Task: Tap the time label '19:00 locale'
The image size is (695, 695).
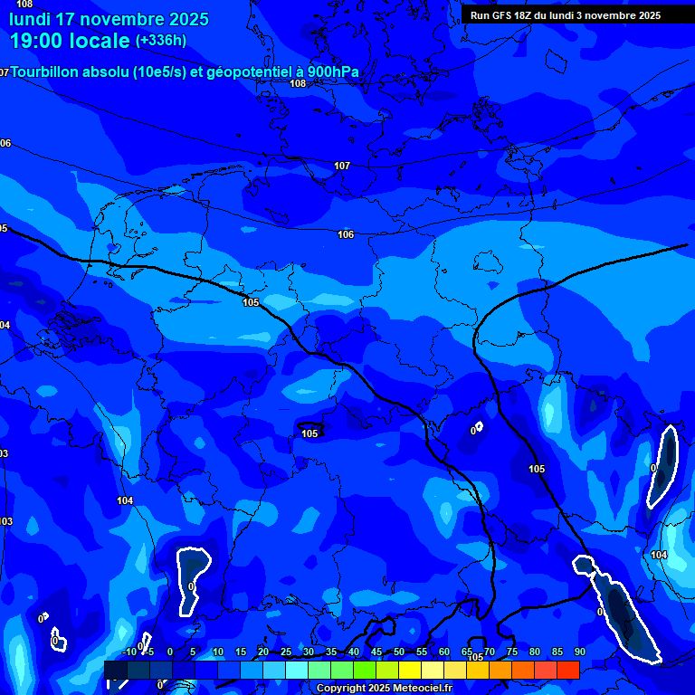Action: pos(70,41)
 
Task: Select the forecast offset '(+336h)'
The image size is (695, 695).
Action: pos(161,41)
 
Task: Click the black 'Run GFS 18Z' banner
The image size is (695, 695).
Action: pos(566,15)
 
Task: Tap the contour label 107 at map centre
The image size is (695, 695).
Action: pos(341,166)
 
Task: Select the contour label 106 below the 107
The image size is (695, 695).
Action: pos(346,234)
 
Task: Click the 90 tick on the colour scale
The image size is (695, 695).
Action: pos(579,652)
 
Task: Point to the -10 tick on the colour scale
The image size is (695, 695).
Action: pos(129,652)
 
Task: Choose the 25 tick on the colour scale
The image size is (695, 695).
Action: pos(286,652)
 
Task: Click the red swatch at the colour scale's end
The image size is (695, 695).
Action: pos(568,670)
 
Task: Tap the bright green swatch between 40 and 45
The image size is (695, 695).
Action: pos(365,670)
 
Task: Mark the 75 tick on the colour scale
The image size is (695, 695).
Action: pos(512,652)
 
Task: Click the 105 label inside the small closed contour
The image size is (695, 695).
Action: pos(309,433)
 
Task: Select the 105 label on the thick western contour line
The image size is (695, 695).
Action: pos(251,302)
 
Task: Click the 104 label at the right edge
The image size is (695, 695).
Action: pos(659,555)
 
